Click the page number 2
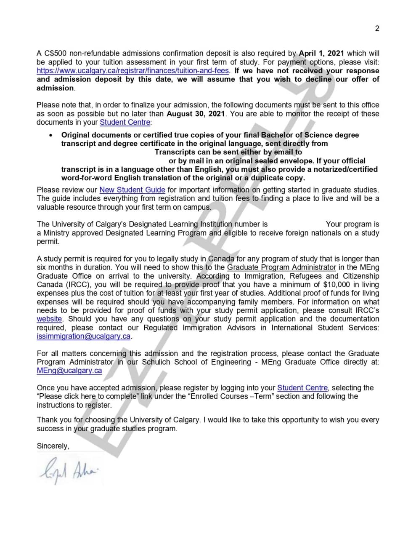[377, 29]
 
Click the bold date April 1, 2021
[321, 53]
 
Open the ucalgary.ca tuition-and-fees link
[132, 71]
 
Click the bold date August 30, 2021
[195, 114]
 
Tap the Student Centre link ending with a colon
[125, 122]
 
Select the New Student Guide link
[132, 190]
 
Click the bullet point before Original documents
[51, 135]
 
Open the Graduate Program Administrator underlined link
[281, 267]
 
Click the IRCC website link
[49, 319]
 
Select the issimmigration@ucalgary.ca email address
[84, 336]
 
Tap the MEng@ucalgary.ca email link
[69, 371]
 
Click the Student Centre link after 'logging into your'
[302, 388]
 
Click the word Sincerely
[53, 446]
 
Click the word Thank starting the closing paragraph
[47, 420]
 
